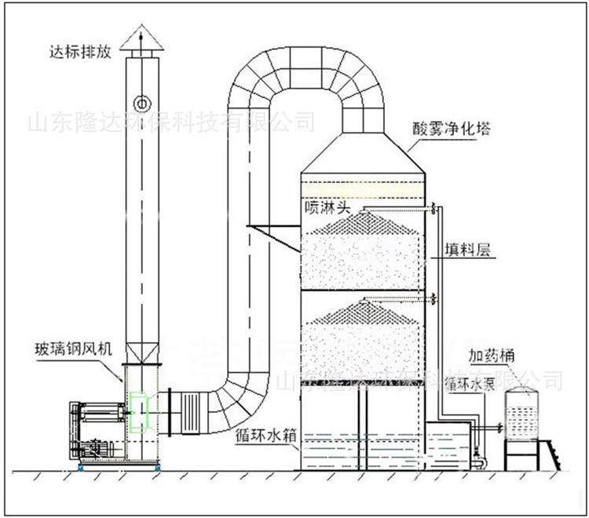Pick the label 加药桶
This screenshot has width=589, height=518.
492,356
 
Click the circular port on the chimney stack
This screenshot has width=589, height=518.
142,103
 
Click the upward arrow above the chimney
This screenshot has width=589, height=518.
142,30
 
